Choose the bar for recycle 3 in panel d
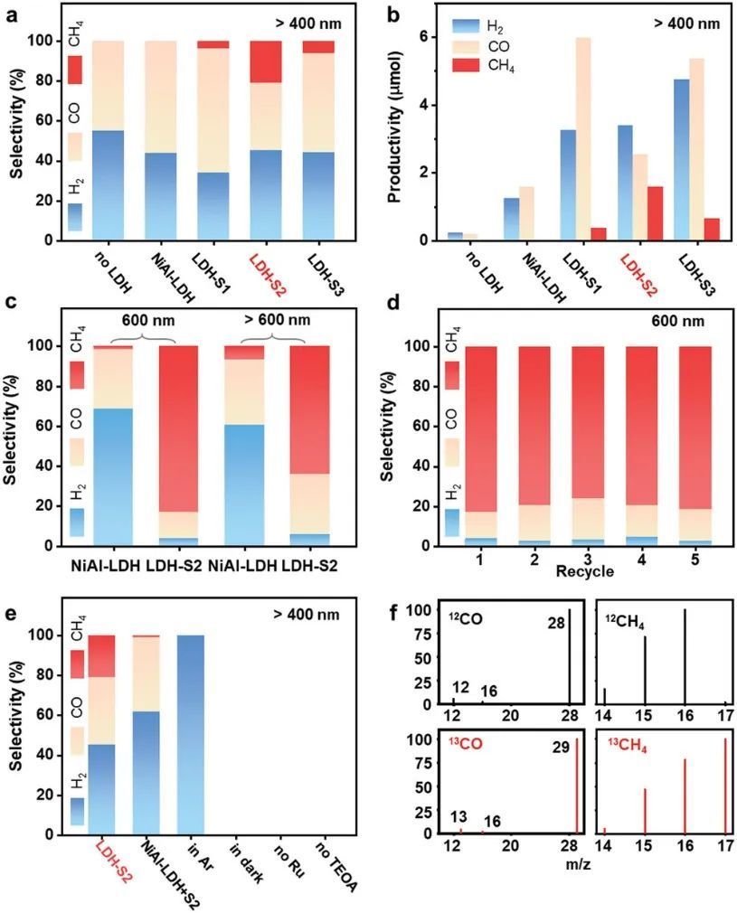589,446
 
